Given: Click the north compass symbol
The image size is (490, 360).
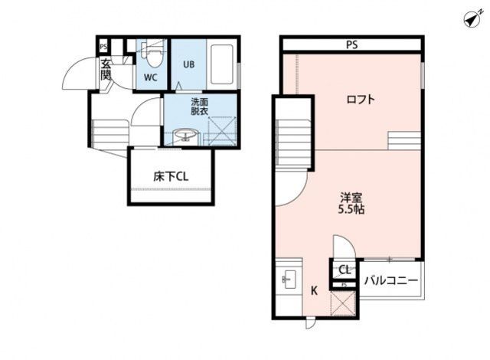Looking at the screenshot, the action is pos(473,18).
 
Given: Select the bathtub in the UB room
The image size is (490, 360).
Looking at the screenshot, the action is pos(221,64).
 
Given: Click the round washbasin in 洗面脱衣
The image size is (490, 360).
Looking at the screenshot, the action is pos(186,135).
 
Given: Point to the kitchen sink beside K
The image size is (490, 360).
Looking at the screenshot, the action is pos(289,280).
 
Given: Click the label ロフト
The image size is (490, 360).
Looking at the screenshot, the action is pos(361,100).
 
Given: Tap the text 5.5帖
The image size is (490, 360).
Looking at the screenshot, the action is pos(351,209).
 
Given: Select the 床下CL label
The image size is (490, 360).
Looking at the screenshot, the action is pos(171,177).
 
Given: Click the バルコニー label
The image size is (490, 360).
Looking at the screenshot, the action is pos(391,280).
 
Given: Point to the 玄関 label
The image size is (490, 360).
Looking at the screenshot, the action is pos(106,70).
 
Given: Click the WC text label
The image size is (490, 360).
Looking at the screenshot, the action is pos(150,77).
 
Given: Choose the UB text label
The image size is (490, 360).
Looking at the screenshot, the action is pos(189,64).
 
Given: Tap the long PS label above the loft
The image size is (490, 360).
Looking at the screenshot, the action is pos(352,45).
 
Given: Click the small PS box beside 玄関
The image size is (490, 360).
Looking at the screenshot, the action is pos(103,47).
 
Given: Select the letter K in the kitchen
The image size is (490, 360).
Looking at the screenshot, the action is pos(314,291).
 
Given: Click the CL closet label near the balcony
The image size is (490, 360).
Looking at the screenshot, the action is pos(345,270).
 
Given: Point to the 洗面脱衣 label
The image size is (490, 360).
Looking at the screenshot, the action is pos(199,106).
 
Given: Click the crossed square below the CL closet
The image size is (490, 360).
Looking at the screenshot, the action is pos(343,303).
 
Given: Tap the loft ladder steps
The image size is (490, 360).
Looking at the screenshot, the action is pos(404,141).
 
